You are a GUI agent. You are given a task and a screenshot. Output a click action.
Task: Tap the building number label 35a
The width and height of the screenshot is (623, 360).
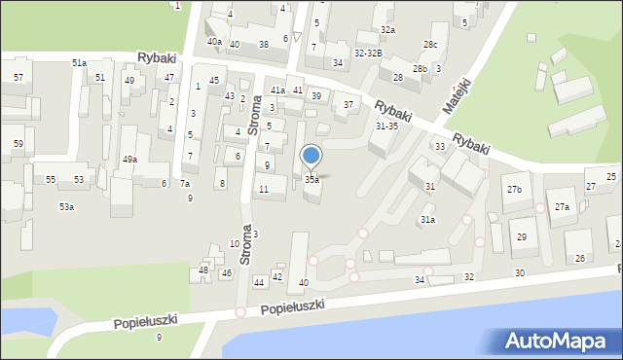click(311, 180)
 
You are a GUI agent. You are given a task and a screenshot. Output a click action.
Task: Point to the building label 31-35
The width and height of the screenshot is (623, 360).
click(386, 126)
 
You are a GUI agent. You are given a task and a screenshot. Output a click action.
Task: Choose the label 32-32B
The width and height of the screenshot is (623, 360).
click(368, 53)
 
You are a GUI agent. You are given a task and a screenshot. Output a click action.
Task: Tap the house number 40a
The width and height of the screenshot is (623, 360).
click(214, 42)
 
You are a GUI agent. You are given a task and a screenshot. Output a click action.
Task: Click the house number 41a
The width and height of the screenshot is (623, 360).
click(277, 90)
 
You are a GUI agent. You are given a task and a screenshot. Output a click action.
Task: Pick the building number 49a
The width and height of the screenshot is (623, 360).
click(129, 160)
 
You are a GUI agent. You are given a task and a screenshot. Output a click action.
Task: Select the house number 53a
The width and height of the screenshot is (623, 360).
click(66, 206)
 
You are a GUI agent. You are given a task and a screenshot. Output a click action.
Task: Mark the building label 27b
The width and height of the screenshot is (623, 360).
click(513, 189)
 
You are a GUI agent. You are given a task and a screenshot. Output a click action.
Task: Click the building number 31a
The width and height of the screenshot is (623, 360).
click(427, 220)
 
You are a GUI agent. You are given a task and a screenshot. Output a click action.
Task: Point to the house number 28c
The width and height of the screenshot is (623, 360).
click(429, 45)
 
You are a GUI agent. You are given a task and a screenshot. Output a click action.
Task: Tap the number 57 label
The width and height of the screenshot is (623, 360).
click(18, 76)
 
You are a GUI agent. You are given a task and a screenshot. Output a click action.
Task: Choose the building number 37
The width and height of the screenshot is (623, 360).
click(348, 104)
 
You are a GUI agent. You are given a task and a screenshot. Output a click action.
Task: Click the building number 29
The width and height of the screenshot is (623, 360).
click(521, 237)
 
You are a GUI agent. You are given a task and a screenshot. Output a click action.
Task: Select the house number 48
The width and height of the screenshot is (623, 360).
click(203, 270)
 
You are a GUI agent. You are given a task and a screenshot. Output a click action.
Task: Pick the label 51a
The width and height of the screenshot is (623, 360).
click(79, 62)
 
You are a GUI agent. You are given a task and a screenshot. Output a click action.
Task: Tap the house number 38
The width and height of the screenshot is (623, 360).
click(264, 45)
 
